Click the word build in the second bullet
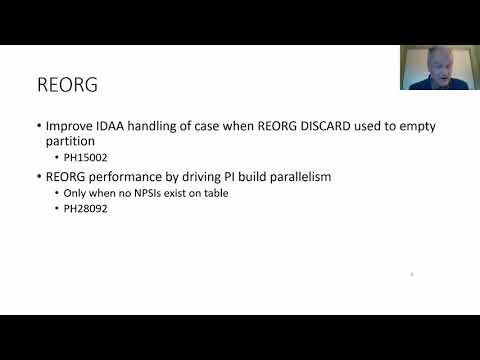(x=253, y=176)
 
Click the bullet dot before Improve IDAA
(x=38, y=127)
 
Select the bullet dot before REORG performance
(x=38, y=176)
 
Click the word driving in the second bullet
(x=204, y=176)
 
